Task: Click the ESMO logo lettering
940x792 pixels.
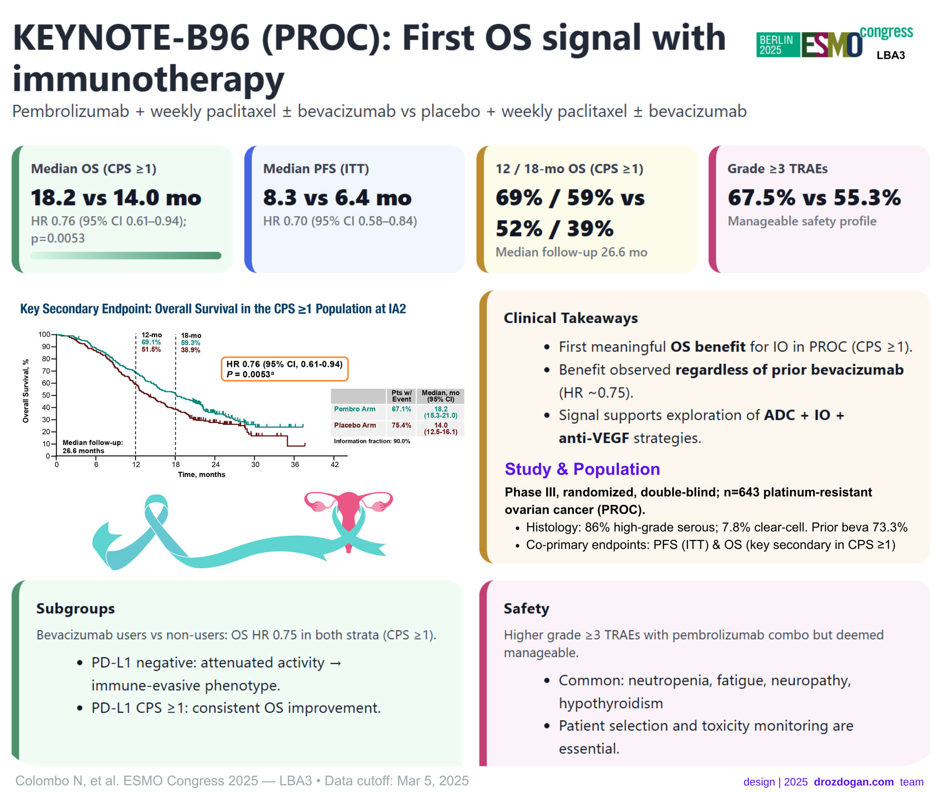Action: (832, 45)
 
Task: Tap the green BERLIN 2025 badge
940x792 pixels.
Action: (777, 45)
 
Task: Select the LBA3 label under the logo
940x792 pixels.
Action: (891, 55)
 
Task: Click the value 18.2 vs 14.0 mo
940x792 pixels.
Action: (116, 198)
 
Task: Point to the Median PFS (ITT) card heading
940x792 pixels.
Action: (316, 169)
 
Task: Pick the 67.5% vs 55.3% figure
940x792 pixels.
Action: (814, 198)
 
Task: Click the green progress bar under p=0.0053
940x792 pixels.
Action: (126, 256)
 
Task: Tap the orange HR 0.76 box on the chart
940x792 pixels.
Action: (284, 369)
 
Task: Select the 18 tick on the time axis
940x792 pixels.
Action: (176, 465)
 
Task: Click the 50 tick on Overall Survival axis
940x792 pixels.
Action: (46, 396)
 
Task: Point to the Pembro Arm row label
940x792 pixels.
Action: (355, 409)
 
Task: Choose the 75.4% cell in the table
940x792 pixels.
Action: (401, 425)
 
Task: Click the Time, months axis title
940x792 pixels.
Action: (201, 475)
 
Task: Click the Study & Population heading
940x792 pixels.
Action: (582, 469)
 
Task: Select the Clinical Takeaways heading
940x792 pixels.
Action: (570, 318)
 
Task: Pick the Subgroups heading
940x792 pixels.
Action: (75, 609)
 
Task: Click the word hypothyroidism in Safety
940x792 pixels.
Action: (611, 703)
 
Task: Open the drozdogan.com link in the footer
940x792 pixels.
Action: (853, 782)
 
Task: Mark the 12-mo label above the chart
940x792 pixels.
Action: (151, 335)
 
